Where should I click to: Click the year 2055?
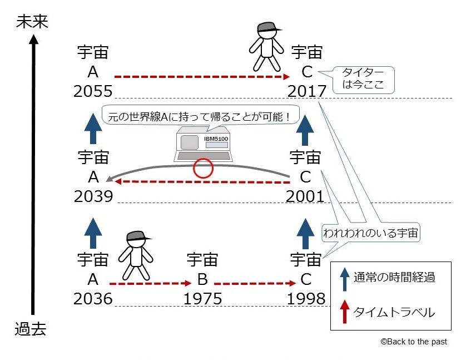tap(93, 91)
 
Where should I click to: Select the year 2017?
tap(307, 91)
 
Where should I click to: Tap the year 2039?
tap(93, 196)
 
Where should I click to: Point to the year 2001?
tap(305, 196)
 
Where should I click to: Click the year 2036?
tap(93, 299)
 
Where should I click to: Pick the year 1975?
tap(202, 299)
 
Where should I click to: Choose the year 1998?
tap(306, 299)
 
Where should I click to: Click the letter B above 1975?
tap(202, 279)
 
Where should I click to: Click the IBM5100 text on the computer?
tap(216, 139)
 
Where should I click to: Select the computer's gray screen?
tap(189, 142)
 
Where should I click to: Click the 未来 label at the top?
tap(32, 22)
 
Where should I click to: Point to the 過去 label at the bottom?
tap(31, 329)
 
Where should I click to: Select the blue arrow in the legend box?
tap(344, 279)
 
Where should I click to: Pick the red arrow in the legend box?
tap(344, 311)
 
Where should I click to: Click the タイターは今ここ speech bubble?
tap(363, 80)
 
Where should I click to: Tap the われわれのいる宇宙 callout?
tap(371, 232)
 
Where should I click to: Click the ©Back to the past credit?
tap(414, 342)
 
